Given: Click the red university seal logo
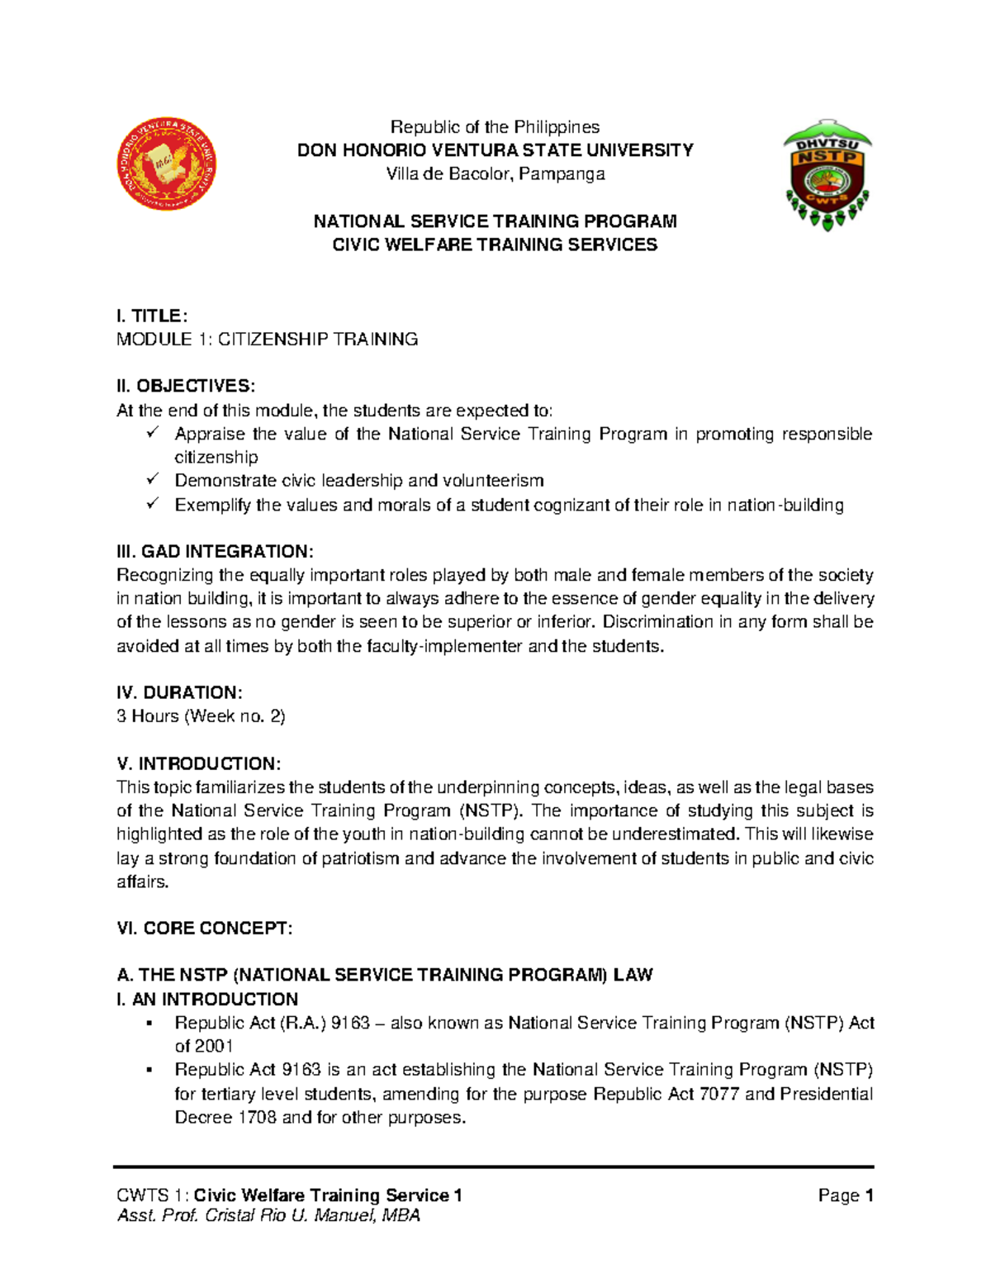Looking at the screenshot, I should click(x=167, y=164).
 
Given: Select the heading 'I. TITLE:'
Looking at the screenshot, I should click(x=153, y=316).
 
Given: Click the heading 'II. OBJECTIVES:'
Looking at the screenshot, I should click(x=186, y=386).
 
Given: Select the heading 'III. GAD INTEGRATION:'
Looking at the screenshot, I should click(x=215, y=551).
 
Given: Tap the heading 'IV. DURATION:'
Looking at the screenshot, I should click(x=179, y=692).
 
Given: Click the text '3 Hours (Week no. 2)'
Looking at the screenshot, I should click(x=201, y=716).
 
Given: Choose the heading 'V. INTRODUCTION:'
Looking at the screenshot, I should click(x=198, y=763).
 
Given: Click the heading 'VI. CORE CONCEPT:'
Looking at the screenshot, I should click(x=205, y=929).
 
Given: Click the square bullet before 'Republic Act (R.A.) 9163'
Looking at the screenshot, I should click(x=149, y=1024).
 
